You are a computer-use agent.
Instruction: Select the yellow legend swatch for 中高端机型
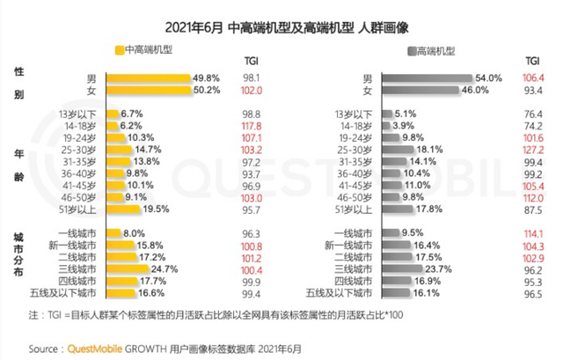pyautogui.click(x=120, y=51)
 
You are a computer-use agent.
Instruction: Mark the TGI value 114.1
pyautogui.click(x=532, y=232)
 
